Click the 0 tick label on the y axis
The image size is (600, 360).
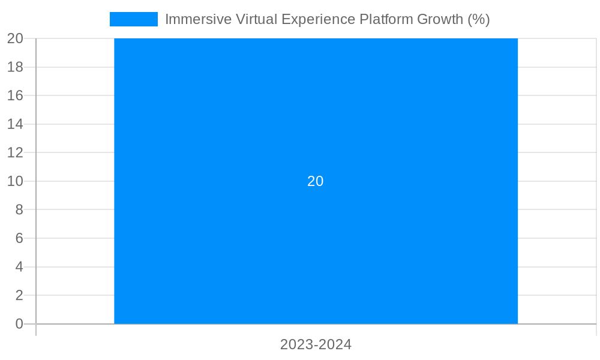point(19,324)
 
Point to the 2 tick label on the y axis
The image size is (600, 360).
point(19,295)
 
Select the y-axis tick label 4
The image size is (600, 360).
point(19,267)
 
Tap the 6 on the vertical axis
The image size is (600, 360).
point(19,238)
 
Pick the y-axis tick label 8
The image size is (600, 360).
point(19,210)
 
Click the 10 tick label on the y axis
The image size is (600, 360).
point(15,181)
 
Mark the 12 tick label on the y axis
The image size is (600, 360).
point(15,153)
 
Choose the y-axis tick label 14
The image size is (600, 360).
point(15,124)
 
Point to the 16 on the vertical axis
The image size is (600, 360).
point(15,96)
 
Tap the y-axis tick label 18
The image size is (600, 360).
point(15,67)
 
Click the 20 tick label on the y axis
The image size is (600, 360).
point(15,39)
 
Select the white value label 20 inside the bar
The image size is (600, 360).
point(316,181)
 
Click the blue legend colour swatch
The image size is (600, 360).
point(133,19)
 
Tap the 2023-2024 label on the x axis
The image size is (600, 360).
point(316,345)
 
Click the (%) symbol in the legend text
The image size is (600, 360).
point(479,19)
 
